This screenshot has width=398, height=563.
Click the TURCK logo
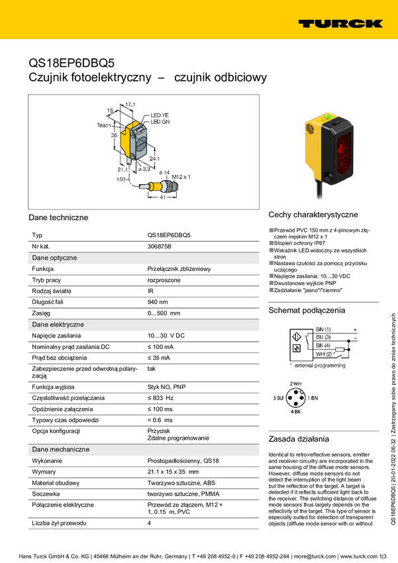[340, 23]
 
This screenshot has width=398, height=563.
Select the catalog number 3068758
[159, 246]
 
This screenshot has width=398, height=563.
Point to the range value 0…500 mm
[164, 313]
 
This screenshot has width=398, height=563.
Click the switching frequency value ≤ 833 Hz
[160, 397]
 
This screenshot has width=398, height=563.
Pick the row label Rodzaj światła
[52, 291]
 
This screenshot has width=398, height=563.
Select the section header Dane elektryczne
[58, 325]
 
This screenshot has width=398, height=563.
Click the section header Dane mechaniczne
[61, 450]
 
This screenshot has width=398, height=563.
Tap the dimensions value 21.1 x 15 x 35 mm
[172, 472]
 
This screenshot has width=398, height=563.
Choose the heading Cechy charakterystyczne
[313, 215]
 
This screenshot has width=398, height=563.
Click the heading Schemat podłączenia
[307, 310]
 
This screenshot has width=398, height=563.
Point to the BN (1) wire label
[324, 329]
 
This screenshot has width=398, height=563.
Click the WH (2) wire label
[324, 354]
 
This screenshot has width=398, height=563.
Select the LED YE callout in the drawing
[160, 115]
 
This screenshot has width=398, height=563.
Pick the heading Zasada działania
[299, 438]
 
